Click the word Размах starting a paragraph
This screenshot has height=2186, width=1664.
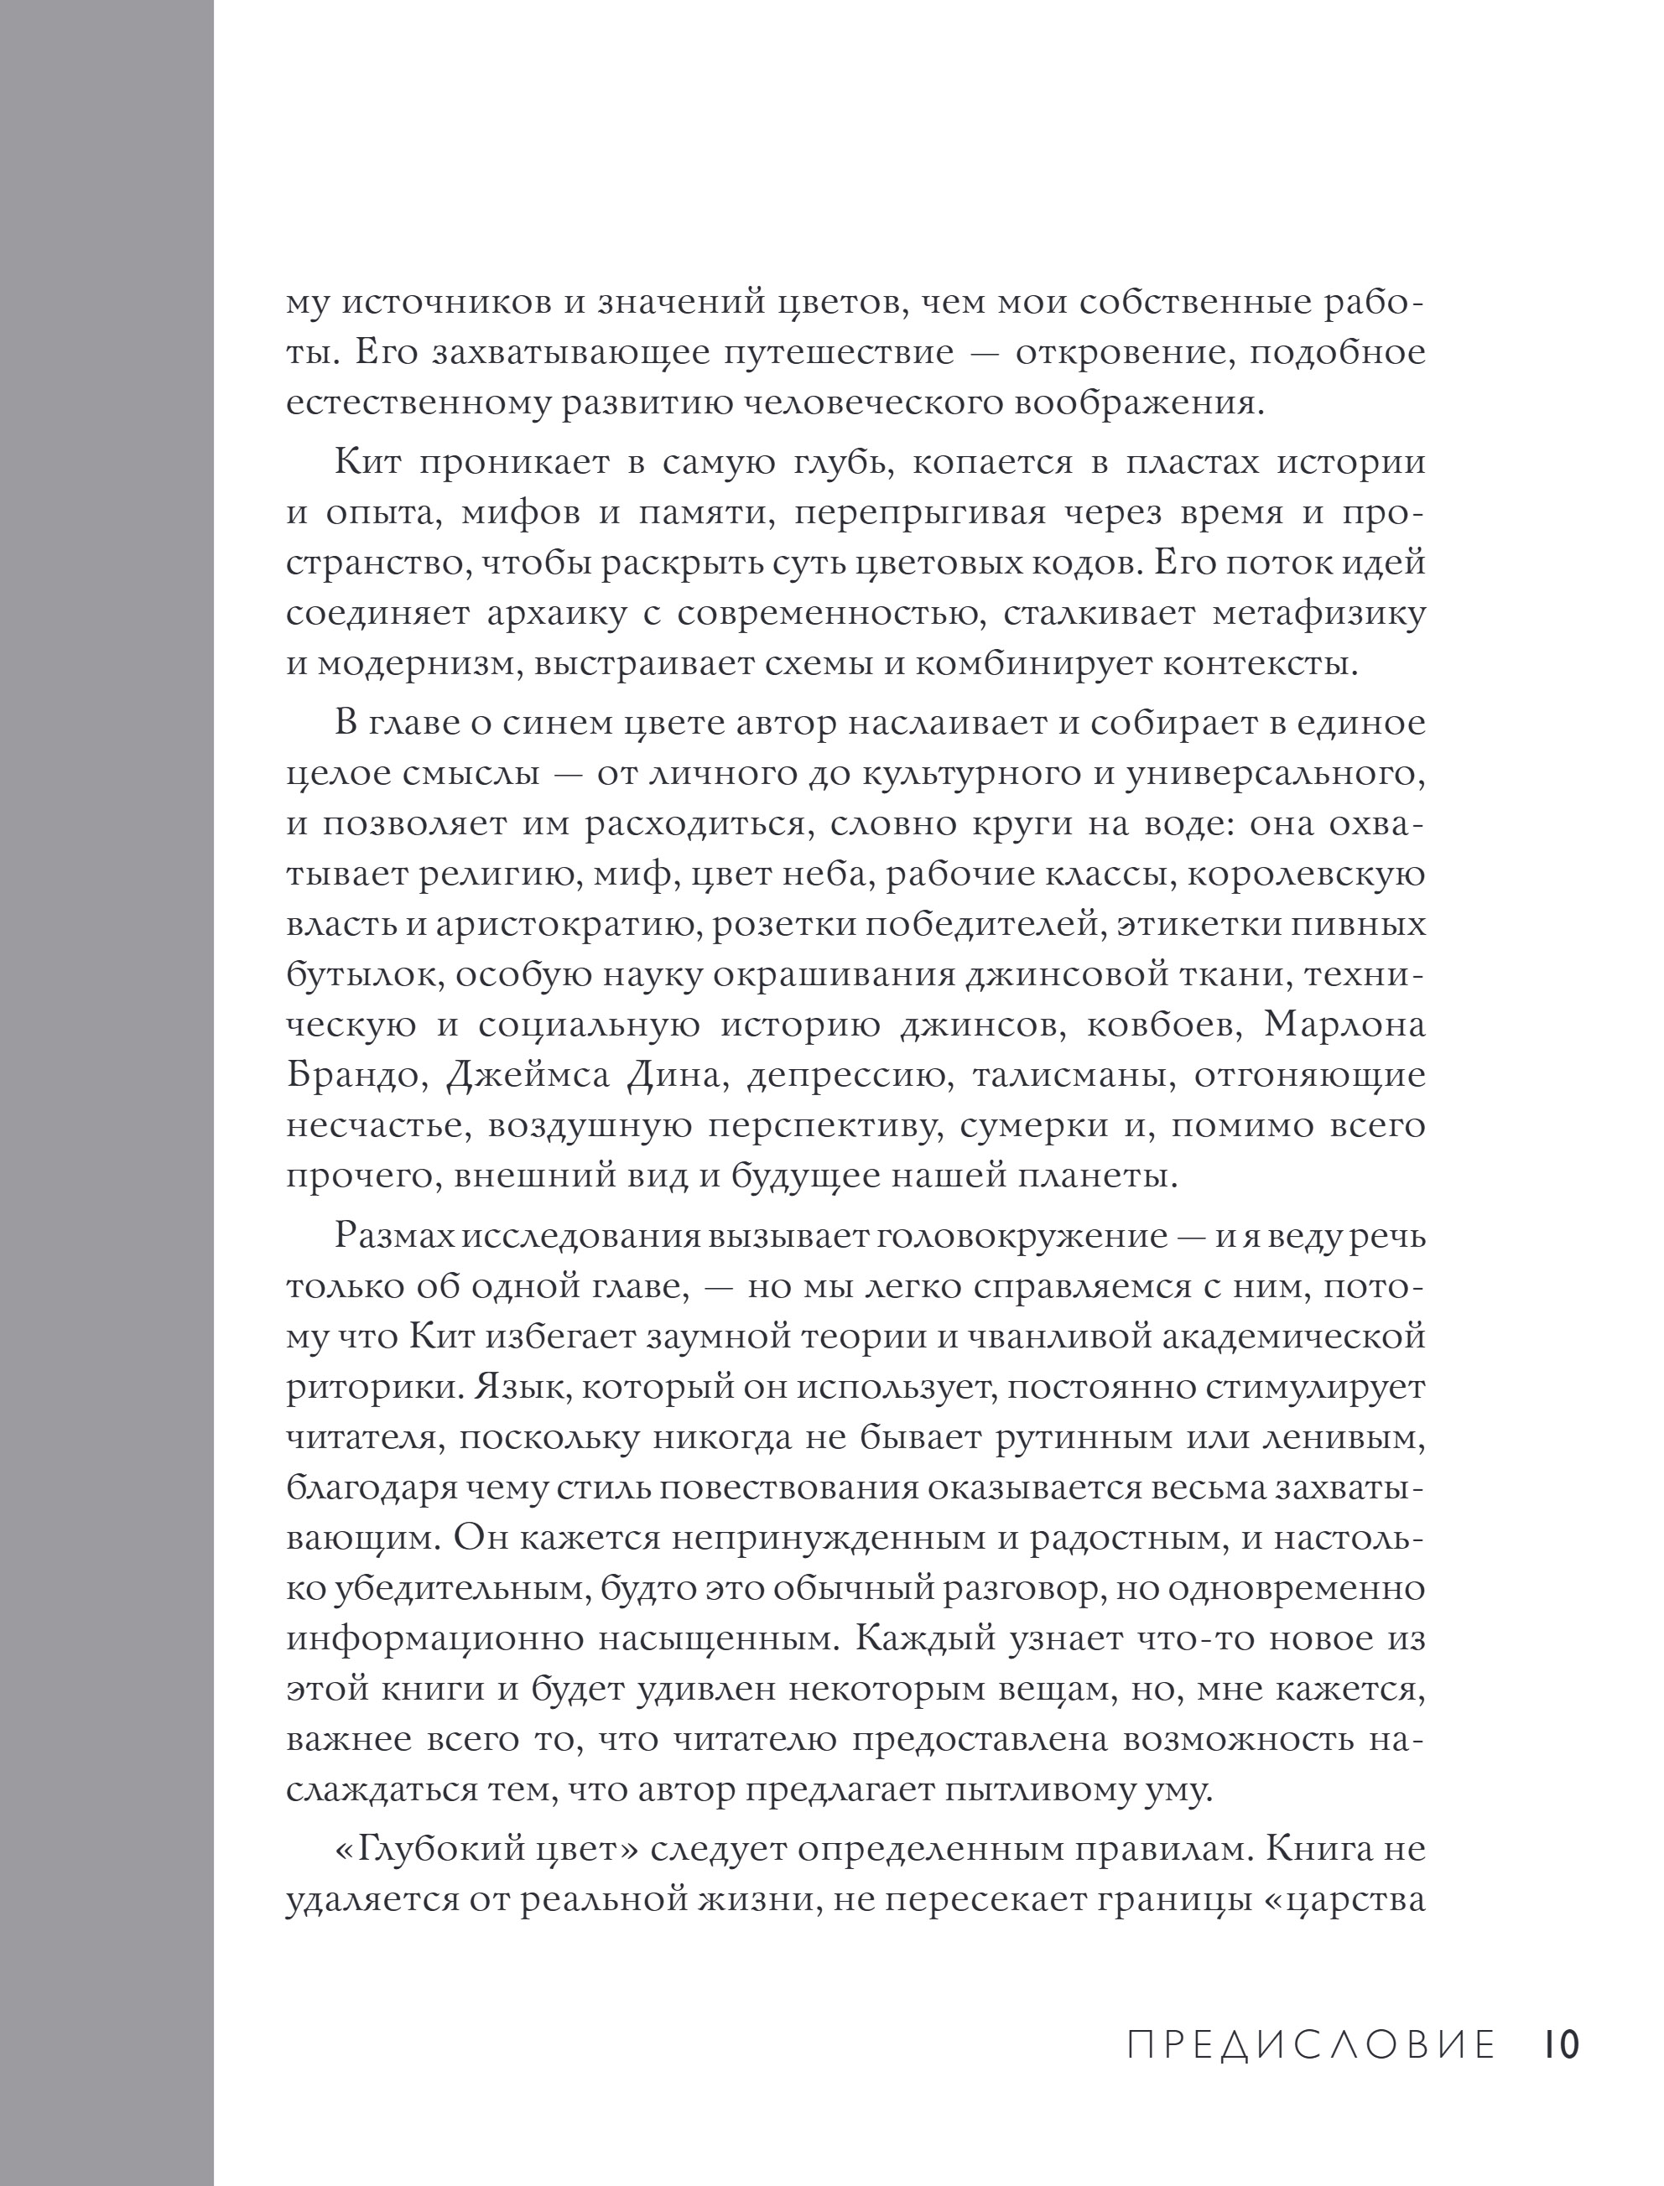(394, 1237)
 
